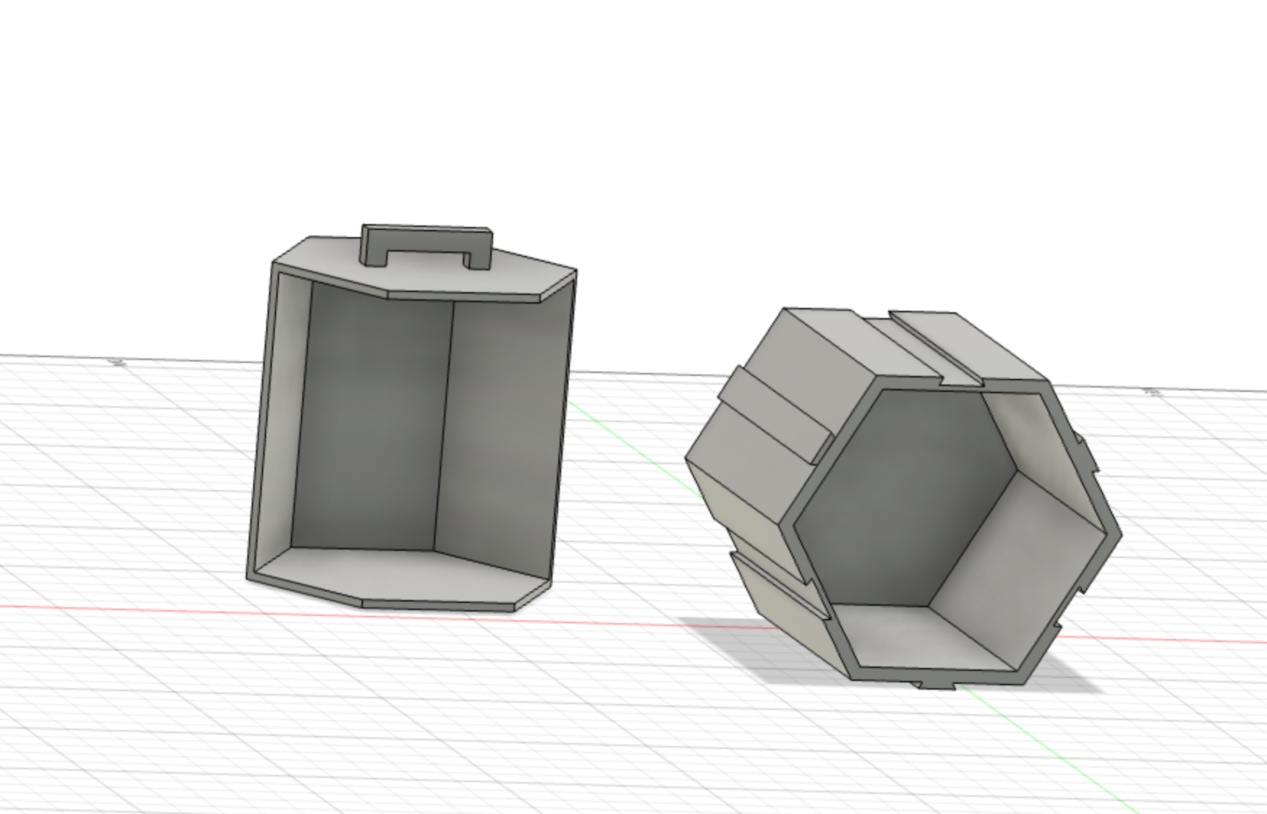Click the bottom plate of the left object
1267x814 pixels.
391,575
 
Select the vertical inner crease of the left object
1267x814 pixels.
443,427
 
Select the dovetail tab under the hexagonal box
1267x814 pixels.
936,684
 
